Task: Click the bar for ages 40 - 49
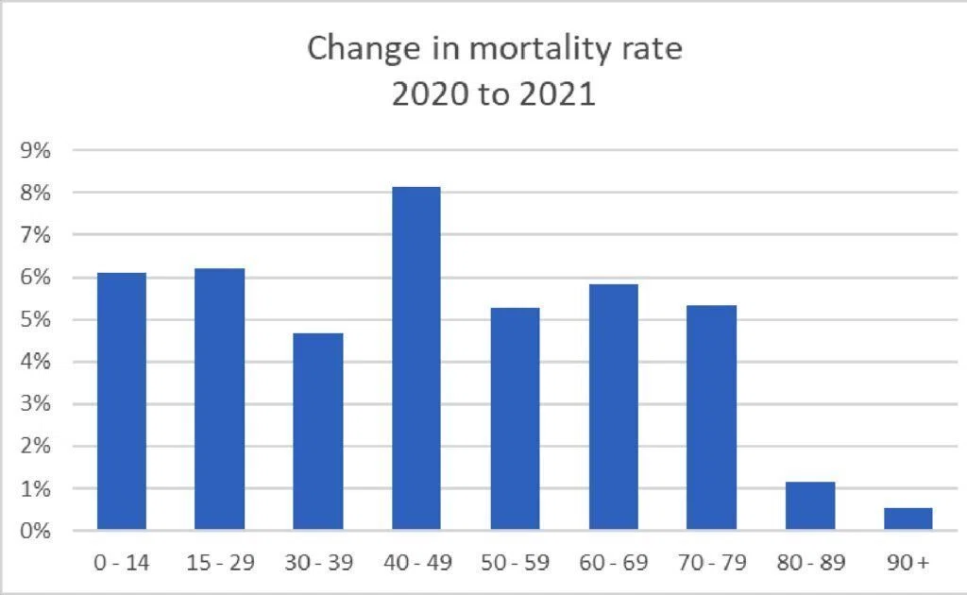(416, 358)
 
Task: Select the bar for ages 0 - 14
(122, 400)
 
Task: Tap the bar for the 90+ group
(908, 518)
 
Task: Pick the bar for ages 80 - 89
(809, 505)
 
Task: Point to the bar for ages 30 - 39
(317, 431)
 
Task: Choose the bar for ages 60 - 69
(613, 407)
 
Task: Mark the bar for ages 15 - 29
(219, 399)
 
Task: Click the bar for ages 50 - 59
(515, 418)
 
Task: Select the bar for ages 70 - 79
(711, 417)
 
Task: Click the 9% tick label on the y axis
(35, 150)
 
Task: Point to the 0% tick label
(35, 530)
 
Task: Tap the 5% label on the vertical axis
(35, 319)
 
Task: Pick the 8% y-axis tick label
(35, 193)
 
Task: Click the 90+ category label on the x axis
(908, 562)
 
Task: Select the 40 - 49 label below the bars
(417, 562)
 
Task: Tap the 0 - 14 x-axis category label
(122, 562)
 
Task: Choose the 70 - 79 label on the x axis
(712, 562)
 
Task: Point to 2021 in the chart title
(557, 94)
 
